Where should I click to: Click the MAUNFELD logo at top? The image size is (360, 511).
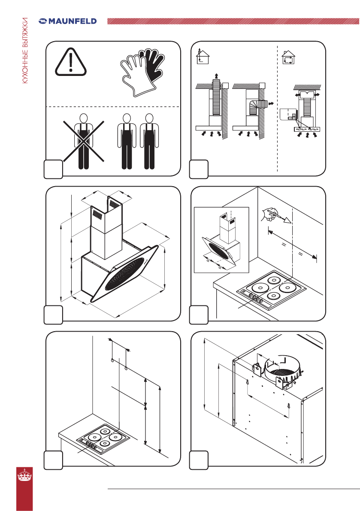coord(68,21)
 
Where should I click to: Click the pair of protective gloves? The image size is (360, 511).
coord(143,73)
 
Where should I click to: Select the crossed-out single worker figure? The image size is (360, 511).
coord(84,142)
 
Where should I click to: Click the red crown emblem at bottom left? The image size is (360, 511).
coord(25,475)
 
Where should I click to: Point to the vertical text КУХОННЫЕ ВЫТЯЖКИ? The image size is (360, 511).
coord(25,51)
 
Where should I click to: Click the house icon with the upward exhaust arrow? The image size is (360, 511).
coord(203,56)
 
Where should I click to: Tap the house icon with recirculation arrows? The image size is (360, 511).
coord(288,57)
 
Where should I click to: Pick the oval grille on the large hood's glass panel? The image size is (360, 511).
coord(125,273)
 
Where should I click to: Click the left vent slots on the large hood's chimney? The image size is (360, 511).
coord(97,215)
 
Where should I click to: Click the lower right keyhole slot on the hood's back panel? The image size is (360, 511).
coord(289,405)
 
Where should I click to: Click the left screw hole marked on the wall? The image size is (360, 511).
coord(112,360)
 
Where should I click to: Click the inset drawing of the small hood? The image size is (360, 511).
coord(221,240)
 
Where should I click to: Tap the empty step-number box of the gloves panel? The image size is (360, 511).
coord(53,169)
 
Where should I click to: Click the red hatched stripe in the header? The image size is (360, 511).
coord(233,21)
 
